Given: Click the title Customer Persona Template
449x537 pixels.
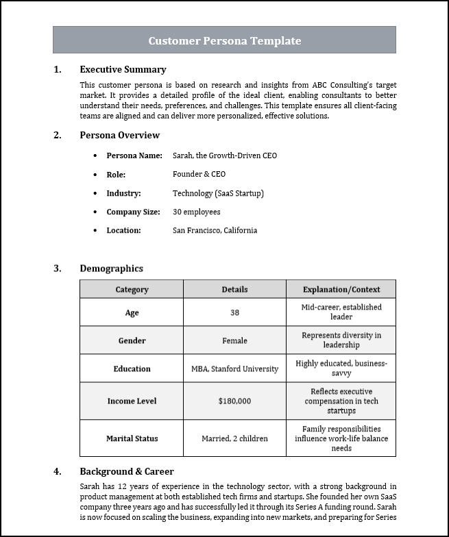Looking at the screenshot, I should pyautogui.click(x=224, y=40).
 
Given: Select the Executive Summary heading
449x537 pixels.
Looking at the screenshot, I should pyautogui.click(x=123, y=69).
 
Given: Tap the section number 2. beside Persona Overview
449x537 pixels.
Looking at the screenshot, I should pyautogui.click(x=58, y=135).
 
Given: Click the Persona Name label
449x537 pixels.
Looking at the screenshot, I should pyautogui.click(x=134, y=155).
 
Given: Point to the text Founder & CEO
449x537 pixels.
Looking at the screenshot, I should pyautogui.click(x=199, y=174).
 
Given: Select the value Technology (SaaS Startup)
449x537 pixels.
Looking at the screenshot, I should pyautogui.click(x=218, y=193).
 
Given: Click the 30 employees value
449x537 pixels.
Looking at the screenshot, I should pyautogui.click(x=196, y=212).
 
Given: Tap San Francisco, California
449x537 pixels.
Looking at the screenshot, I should pyautogui.click(x=215, y=230).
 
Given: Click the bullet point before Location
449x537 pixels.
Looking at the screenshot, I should pyautogui.click(x=95, y=231).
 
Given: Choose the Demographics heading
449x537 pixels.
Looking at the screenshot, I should pyautogui.click(x=111, y=268).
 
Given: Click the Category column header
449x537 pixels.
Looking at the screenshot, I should pyautogui.click(x=132, y=290).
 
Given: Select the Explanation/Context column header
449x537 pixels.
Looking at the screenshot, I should pyautogui.click(x=341, y=290).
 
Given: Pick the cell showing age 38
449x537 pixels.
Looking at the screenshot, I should pyautogui.click(x=234, y=312).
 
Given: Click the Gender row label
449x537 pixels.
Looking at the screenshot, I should pyautogui.click(x=132, y=340).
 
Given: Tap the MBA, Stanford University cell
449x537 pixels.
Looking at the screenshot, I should pyautogui.click(x=234, y=369).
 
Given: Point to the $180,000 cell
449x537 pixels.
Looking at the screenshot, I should pyautogui.click(x=234, y=401).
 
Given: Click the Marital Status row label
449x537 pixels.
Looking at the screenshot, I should pyautogui.click(x=132, y=438).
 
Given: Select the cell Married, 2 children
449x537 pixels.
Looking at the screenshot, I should pyautogui.click(x=234, y=438).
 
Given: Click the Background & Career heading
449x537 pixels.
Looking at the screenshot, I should pyautogui.click(x=126, y=471).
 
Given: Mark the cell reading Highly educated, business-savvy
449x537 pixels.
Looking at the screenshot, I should pyautogui.click(x=341, y=369).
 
